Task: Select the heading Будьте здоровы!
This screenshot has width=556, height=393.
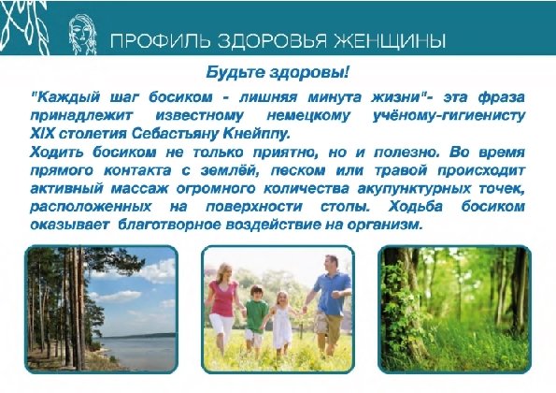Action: coord(278,74)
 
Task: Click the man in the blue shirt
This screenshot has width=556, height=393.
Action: coord(331,295)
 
